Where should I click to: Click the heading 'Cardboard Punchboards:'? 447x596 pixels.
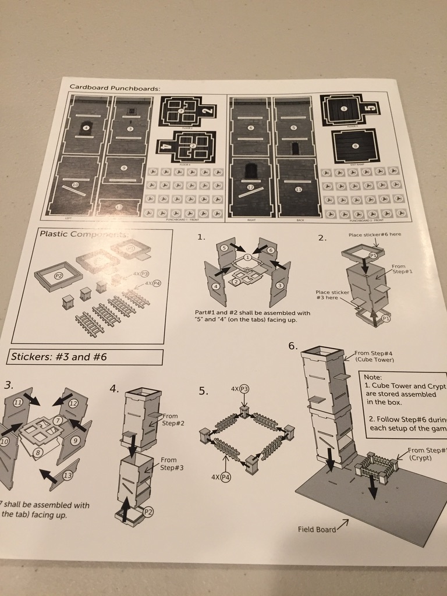[x=115, y=87]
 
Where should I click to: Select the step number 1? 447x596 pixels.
[x=201, y=237]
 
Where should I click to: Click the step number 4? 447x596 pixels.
[x=115, y=388]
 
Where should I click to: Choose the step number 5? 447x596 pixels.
[x=203, y=391]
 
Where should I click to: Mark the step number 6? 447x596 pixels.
[x=293, y=346]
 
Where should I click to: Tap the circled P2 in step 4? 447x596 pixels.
[x=148, y=512]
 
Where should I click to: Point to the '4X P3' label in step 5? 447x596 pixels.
[x=240, y=389]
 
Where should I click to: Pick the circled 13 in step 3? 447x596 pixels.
[x=69, y=476]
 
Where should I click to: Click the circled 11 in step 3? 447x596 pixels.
[x=19, y=402]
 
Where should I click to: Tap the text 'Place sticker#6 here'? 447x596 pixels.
[x=375, y=235]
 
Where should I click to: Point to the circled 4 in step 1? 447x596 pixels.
[x=216, y=287]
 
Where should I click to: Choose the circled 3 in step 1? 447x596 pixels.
[x=280, y=285]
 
